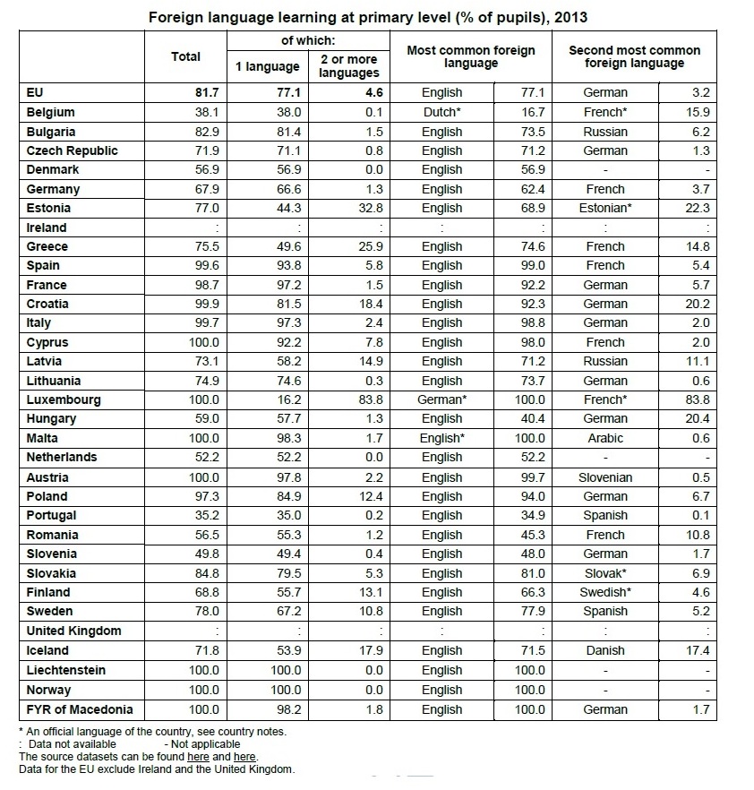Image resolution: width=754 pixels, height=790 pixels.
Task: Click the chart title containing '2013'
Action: click(367, 17)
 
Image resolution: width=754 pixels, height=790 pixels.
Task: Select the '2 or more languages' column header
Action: click(349, 66)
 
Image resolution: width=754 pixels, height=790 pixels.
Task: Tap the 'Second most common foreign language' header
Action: click(635, 56)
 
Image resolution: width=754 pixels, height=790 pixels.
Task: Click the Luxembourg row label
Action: click(64, 399)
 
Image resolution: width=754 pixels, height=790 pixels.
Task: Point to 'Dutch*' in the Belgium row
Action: click(442, 112)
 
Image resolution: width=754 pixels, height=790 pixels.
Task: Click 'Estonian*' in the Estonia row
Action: click(604, 208)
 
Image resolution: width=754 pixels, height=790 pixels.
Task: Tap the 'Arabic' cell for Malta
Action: click(605, 438)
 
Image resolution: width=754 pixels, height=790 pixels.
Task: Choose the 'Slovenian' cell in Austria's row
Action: click(605, 477)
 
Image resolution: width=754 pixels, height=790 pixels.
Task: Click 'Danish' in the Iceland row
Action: click(605, 650)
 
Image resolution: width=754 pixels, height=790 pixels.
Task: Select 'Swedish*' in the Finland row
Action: click(605, 592)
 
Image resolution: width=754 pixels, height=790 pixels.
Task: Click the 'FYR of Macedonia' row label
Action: click(80, 709)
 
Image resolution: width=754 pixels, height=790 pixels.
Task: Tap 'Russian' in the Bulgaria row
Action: click(605, 132)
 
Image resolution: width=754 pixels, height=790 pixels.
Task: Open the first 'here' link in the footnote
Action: click(198, 756)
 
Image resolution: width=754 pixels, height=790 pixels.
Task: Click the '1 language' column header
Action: click(268, 66)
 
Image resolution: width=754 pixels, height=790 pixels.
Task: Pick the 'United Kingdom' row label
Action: click(73, 631)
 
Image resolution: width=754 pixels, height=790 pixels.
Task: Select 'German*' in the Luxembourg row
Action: click(442, 399)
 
